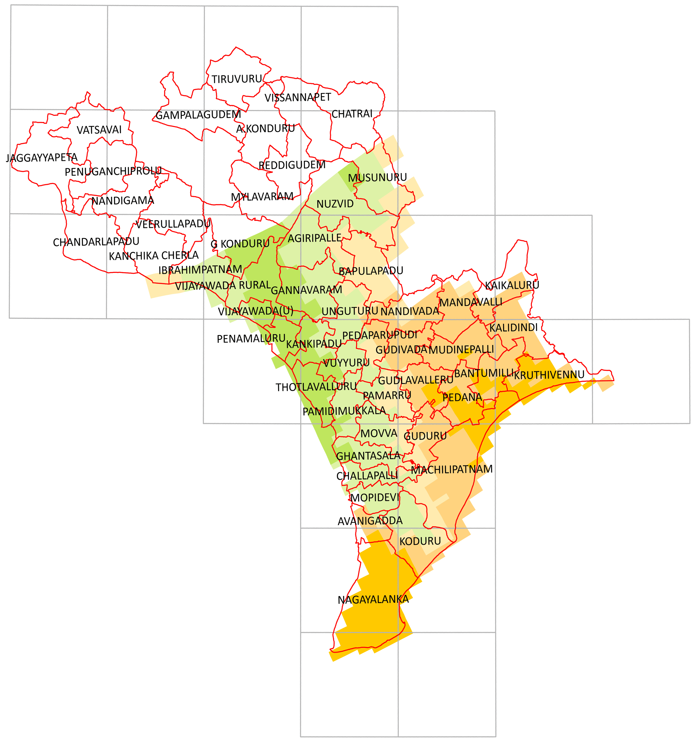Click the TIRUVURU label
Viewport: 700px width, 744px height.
pyautogui.click(x=237, y=79)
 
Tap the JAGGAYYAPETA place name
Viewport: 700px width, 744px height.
pyautogui.click(x=42, y=158)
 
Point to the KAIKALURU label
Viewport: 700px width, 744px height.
pyautogui.click(x=512, y=285)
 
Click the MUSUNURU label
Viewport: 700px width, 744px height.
pyautogui.click(x=377, y=177)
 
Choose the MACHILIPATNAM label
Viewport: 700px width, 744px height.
pyautogui.click(x=452, y=469)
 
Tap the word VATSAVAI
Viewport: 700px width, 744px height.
pyautogui.click(x=99, y=130)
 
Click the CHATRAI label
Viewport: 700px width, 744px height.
pyautogui.click(x=352, y=114)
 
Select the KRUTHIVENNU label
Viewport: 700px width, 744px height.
pyautogui.click(x=549, y=375)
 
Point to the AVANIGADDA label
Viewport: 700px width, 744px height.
pyautogui.click(x=370, y=521)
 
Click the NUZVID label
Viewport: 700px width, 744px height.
pyautogui.click(x=335, y=204)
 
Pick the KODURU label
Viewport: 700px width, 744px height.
pyautogui.click(x=420, y=541)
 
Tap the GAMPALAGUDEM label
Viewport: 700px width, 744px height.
pyautogui.click(x=198, y=115)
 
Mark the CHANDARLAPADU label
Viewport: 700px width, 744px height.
pyautogui.click(x=96, y=242)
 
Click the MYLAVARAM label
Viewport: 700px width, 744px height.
pyautogui.click(x=262, y=197)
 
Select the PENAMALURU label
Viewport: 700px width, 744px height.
pyautogui.click(x=251, y=339)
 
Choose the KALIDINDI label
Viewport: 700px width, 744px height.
pyautogui.click(x=513, y=328)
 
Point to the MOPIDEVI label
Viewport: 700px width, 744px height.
pyautogui.click(x=375, y=497)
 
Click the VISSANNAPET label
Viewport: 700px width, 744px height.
pyautogui.click(x=297, y=98)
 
